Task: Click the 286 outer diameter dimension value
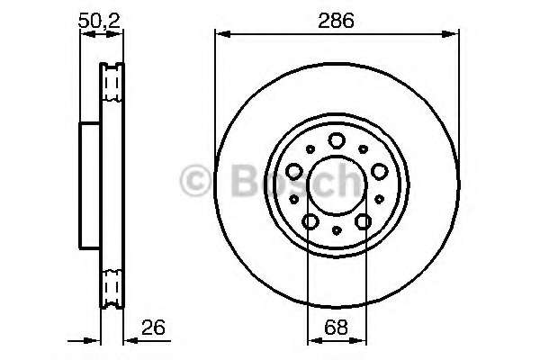[336, 19]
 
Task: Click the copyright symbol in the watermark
[192, 179]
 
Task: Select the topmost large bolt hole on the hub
[336, 139]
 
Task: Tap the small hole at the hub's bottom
[336, 231]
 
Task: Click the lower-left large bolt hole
[309, 220]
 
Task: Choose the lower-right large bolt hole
[363, 220]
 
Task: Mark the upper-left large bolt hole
[293, 169]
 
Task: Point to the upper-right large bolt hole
[378, 169]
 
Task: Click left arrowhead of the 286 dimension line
[220, 35]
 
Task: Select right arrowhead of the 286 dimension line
[452, 35]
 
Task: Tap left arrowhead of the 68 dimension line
[312, 341]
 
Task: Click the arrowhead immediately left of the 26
[127, 341]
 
